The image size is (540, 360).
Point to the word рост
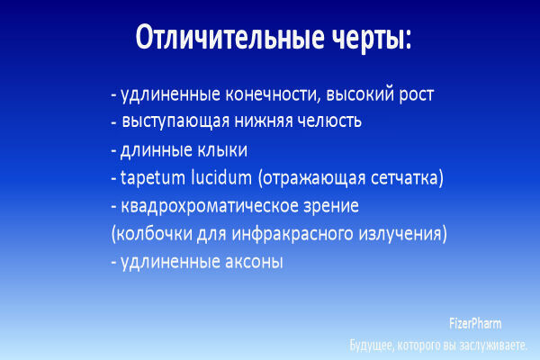pos(415,94)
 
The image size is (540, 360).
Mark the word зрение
pos(330,206)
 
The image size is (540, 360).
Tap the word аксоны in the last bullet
pos(249,263)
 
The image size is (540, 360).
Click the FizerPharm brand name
pos(475,323)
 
